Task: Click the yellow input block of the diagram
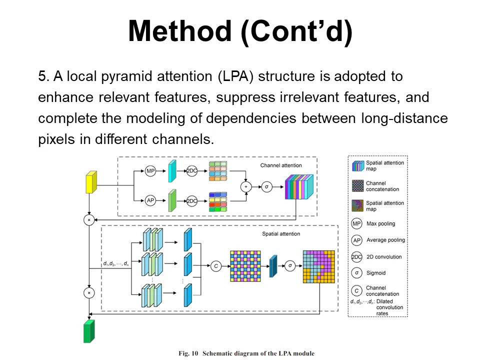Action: pos(91,182)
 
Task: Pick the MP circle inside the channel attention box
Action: pos(150,171)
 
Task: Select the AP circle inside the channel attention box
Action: pos(150,200)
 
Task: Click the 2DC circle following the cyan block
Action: pos(192,171)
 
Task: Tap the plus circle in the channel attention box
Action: pos(245,186)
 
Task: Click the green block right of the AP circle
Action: pos(172,200)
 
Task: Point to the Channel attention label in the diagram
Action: pos(281,165)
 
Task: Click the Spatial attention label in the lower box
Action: pos(281,234)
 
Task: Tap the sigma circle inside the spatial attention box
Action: pos(290,265)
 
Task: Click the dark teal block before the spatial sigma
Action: pos(273,266)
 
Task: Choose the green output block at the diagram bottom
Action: pos(89,331)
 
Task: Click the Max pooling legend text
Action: pos(380,223)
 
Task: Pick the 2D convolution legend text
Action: pos(384,257)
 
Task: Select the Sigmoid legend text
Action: pos(376,273)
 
